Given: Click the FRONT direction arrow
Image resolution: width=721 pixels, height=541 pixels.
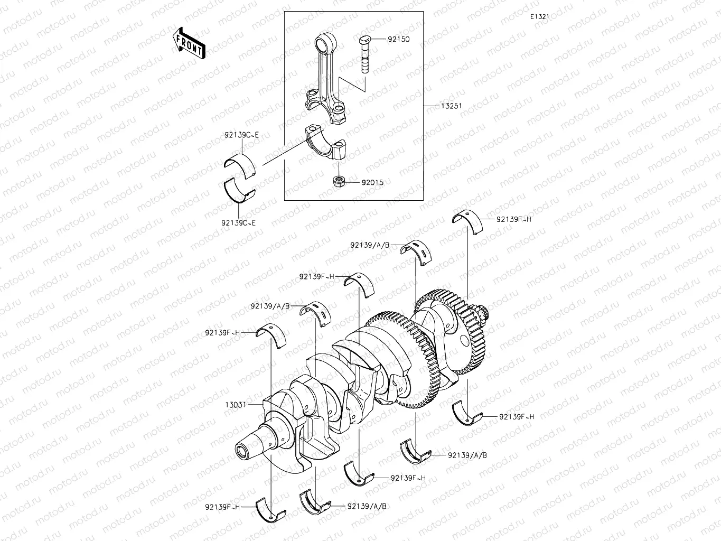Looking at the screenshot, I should tap(189, 43).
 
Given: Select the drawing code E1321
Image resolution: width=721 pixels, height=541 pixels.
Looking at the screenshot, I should tap(540, 16).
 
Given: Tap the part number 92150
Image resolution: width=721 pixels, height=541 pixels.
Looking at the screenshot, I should tap(398, 39).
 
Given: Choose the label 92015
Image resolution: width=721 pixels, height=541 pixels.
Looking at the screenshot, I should tap(372, 182).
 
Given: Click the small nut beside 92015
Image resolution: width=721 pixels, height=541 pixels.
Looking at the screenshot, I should tap(339, 182).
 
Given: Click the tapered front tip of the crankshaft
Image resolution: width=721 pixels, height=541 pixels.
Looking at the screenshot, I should tap(247, 451).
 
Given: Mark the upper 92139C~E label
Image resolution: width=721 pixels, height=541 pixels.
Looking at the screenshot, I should tap(241, 135).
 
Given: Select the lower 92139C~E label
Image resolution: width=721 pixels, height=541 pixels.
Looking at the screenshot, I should tap(239, 223).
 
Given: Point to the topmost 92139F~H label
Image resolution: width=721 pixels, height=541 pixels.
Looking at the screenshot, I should tap(513, 219).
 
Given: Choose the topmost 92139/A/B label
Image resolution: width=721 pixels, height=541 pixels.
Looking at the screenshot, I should tap(370, 245).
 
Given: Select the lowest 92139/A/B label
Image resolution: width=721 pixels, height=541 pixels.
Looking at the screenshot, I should tap(367, 506).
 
